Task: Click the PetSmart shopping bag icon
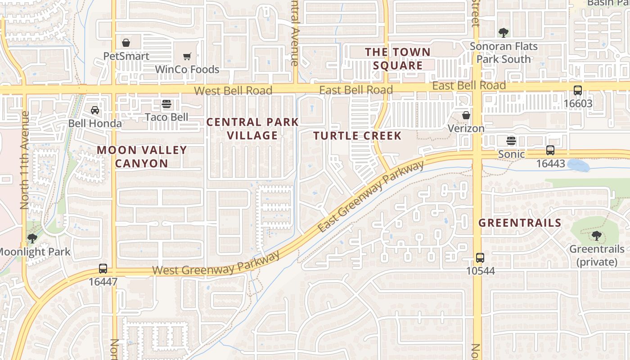(x=126, y=43)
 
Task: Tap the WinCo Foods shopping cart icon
(x=187, y=56)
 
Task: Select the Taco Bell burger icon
(x=166, y=104)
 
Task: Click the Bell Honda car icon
(x=95, y=110)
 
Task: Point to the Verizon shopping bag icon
(x=466, y=115)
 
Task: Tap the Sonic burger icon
(x=511, y=141)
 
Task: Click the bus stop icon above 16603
(x=578, y=90)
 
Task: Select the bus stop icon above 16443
(x=550, y=150)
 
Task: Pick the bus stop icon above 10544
(x=480, y=258)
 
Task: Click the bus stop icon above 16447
(x=103, y=269)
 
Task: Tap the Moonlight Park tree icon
(x=32, y=238)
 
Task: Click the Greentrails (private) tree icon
(x=597, y=235)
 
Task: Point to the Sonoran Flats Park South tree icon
(x=504, y=32)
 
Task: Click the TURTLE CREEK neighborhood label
(x=357, y=136)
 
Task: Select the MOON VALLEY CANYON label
(x=142, y=157)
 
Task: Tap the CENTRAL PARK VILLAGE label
(x=252, y=129)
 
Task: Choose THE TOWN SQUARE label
(x=398, y=59)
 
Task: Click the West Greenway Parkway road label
(x=216, y=264)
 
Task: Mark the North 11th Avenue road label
(x=25, y=160)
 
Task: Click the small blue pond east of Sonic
(x=579, y=165)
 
